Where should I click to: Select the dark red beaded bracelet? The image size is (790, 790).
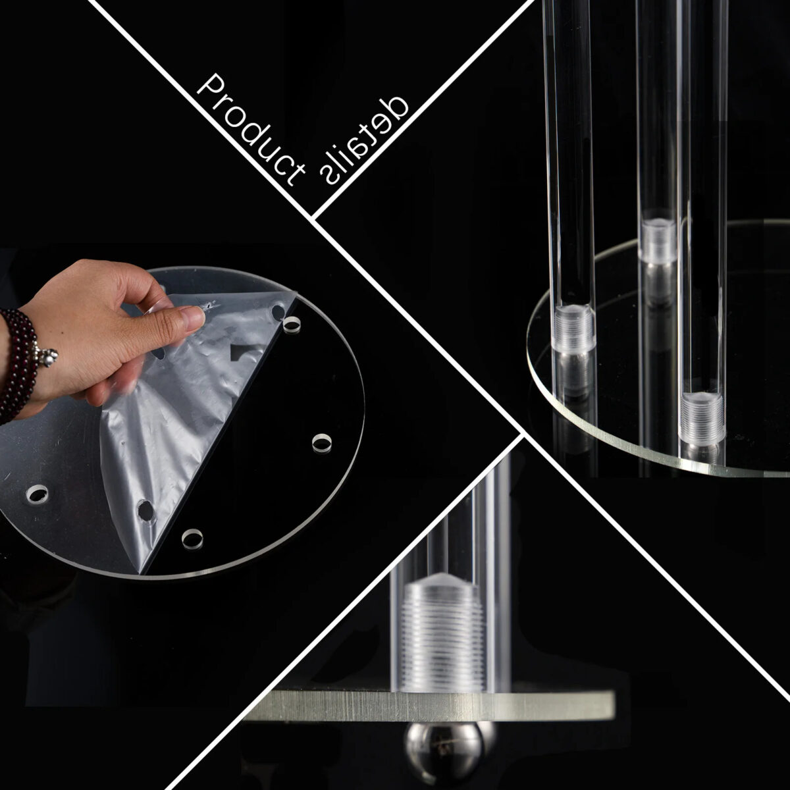point(18,365)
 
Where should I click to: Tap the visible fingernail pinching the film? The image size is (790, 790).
point(195,319)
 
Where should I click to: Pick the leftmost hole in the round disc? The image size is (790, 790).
point(37,494)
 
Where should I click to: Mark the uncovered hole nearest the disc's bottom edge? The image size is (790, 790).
point(192,539)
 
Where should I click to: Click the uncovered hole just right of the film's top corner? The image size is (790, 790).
point(292,325)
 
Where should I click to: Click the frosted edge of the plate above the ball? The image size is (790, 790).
point(431,704)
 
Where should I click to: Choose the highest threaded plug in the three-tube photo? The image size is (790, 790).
point(658,242)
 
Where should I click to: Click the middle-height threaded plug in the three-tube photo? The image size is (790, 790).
point(574,328)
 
